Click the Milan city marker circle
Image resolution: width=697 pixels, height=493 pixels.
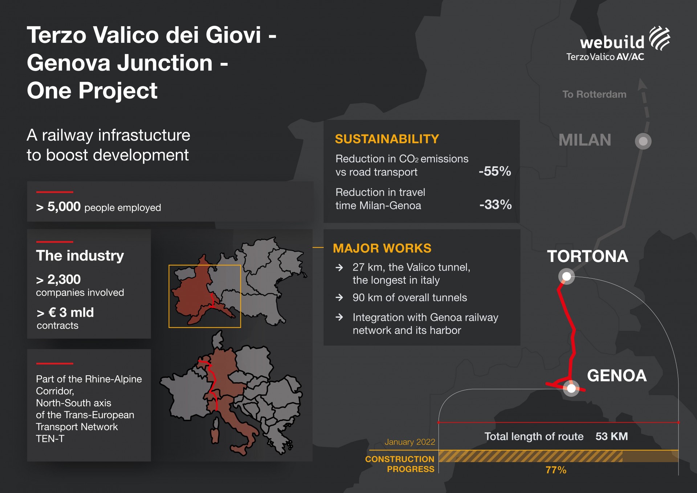pos(643,141)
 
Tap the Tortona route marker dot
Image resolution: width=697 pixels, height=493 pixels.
pos(566,276)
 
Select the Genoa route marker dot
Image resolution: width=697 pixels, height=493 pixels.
pos(571,388)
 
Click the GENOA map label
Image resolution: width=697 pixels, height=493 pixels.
pos(617,376)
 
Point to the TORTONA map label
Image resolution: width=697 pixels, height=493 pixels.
pos(587,256)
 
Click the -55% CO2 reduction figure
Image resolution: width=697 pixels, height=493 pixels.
pos(495,171)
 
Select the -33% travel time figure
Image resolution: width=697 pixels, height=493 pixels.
pos(496,205)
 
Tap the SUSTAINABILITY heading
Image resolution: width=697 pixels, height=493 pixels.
pos(387,139)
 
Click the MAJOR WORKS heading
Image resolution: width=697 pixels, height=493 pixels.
pos(382,248)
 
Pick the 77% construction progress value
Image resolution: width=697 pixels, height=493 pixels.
pos(556,470)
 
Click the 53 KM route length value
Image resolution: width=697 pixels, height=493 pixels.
pos(612,436)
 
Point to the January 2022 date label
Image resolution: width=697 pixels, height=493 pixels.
pos(410,442)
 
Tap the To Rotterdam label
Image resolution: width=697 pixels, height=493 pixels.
pos(594,94)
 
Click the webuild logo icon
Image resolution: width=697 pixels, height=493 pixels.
pos(660,38)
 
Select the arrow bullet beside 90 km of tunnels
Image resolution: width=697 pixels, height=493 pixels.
pos(339,298)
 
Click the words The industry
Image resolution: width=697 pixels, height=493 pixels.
pos(80,256)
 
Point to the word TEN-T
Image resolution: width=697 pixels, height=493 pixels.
pos(50,439)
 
